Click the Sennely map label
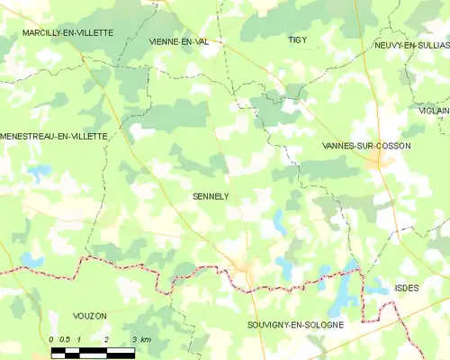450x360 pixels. point(211,195)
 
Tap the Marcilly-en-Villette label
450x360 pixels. point(69,32)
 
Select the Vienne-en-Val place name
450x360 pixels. point(184,41)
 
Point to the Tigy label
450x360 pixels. point(297,40)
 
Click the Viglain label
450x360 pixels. point(434,110)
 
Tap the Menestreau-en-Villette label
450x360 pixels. point(54,136)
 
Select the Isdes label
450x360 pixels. point(407,288)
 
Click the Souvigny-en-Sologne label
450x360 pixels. point(295,324)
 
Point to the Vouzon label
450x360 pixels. point(89,316)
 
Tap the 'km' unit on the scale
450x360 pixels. point(146,338)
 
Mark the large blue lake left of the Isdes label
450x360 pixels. point(342,290)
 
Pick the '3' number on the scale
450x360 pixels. point(134,338)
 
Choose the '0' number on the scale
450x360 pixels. point(52,338)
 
